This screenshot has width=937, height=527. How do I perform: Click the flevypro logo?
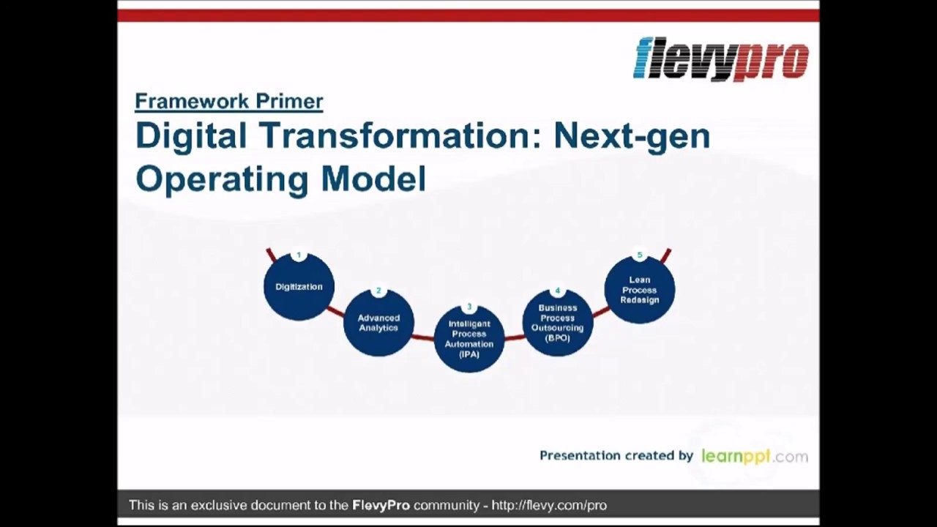coord(721,59)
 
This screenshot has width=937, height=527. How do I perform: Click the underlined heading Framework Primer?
coord(228,101)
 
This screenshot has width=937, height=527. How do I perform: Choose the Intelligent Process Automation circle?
coord(469,340)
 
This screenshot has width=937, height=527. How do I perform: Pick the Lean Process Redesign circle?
coord(640,291)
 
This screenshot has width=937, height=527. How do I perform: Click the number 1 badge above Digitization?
coord(299,255)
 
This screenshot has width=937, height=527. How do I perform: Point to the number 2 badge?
coord(378,291)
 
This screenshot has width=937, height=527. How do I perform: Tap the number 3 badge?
coord(469,307)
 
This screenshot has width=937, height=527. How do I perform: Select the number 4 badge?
coord(558,291)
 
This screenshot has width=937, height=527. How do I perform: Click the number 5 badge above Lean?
coord(640,255)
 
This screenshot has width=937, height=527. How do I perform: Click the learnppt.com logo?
coord(754,456)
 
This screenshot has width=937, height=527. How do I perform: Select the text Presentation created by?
coord(616,455)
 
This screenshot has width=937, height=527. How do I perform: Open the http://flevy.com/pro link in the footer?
coord(549,505)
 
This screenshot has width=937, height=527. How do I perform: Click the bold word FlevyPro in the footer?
coord(381,505)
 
